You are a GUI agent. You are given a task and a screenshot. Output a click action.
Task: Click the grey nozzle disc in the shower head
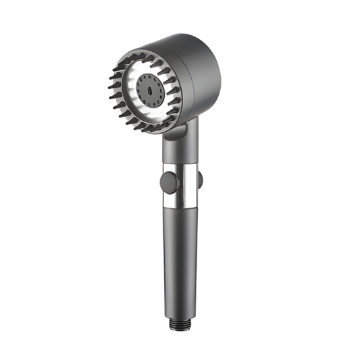149,91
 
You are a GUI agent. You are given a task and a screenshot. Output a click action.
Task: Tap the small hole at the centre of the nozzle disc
149,91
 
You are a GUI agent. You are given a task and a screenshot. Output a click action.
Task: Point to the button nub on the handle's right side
200,180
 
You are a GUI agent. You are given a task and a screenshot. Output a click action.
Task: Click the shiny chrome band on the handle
181,184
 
